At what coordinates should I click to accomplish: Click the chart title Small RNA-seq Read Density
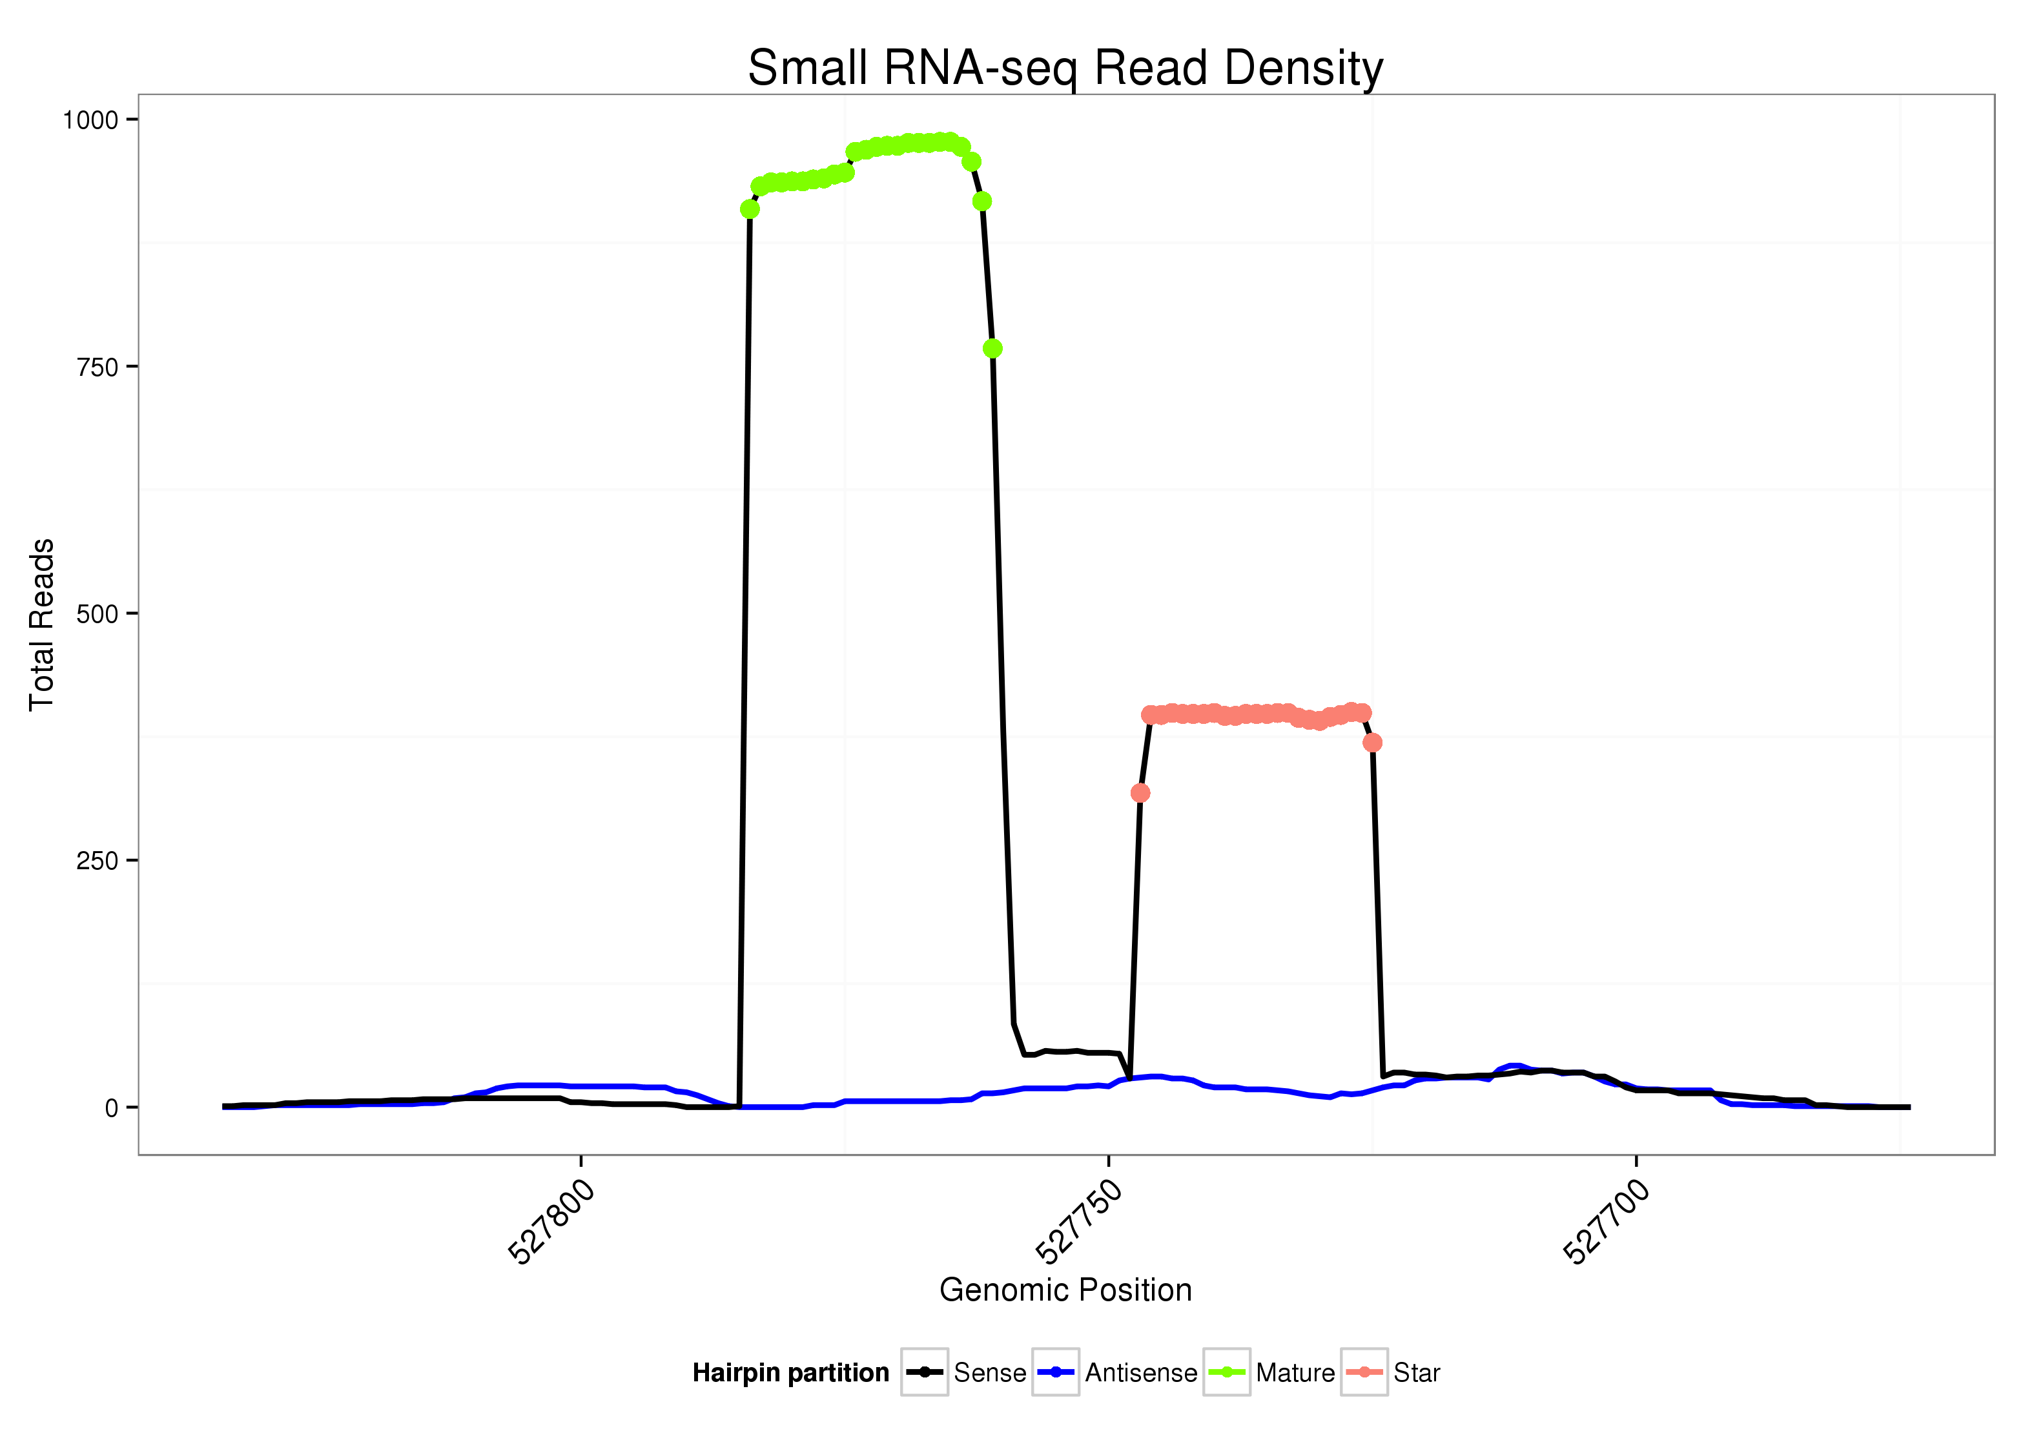pyautogui.click(x=1064, y=68)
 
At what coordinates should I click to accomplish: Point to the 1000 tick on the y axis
pyautogui.click(x=90, y=120)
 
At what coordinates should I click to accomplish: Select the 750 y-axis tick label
pyautogui.click(x=97, y=367)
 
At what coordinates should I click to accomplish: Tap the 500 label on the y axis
pyautogui.click(x=97, y=613)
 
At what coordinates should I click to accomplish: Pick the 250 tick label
pyautogui.click(x=97, y=861)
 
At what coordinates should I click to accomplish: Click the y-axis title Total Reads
pyautogui.click(x=42, y=624)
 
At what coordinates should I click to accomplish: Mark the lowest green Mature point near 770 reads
pyautogui.click(x=992, y=348)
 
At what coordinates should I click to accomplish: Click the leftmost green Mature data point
pyautogui.click(x=750, y=209)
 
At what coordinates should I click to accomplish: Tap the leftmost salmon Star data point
pyautogui.click(x=1140, y=793)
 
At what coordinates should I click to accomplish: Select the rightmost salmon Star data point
pyautogui.click(x=1372, y=742)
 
